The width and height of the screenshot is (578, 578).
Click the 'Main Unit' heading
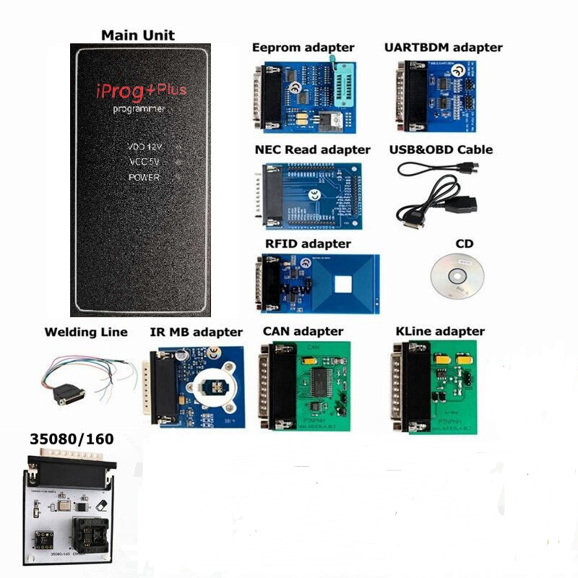pyautogui.click(x=137, y=35)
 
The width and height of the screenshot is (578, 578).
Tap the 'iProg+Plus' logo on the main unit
pyautogui.click(x=141, y=90)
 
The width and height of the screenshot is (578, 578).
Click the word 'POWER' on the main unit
pyautogui.click(x=144, y=177)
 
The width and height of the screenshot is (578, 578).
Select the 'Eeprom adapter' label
pyautogui.click(x=303, y=48)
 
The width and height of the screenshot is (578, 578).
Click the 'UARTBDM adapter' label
pyautogui.click(x=443, y=48)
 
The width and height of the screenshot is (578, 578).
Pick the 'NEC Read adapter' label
pyautogui.click(x=312, y=150)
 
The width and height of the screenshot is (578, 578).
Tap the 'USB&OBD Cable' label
pyautogui.click(x=445, y=150)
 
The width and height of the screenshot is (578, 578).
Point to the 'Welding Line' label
pyautogui.click(x=86, y=332)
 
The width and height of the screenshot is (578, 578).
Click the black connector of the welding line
pyautogui.click(x=71, y=394)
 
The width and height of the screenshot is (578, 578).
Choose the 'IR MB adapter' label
pyautogui.click(x=196, y=332)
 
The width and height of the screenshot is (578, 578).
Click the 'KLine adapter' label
pyautogui.click(x=440, y=332)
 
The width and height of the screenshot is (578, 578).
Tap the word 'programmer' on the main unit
pyautogui.click(x=140, y=109)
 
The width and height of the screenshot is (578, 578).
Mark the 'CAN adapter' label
pyautogui.click(x=303, y=332)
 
